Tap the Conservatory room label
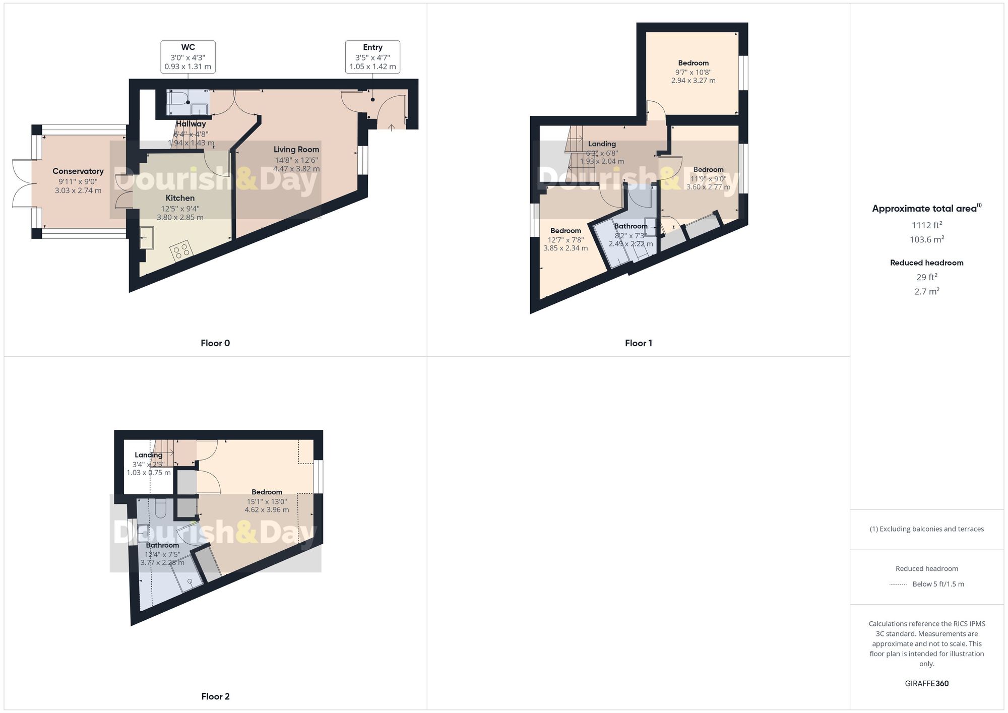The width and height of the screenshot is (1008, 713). (78, 171)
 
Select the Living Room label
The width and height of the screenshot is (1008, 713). (296, 150)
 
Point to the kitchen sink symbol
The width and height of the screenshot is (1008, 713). (147, 238)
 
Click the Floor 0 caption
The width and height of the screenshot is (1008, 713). (215, 343)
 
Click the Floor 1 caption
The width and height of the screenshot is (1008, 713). (638, 343)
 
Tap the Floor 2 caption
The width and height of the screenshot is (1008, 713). (215, 696)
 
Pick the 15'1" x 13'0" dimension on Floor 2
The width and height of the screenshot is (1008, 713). (267, 501)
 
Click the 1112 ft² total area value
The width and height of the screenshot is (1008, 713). (926, 225)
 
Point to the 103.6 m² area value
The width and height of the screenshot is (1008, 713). (926, 240)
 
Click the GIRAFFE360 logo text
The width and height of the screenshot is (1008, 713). (926, 684)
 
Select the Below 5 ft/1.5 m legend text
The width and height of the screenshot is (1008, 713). (938, 584)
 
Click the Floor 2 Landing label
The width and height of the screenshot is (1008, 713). (148, 455)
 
